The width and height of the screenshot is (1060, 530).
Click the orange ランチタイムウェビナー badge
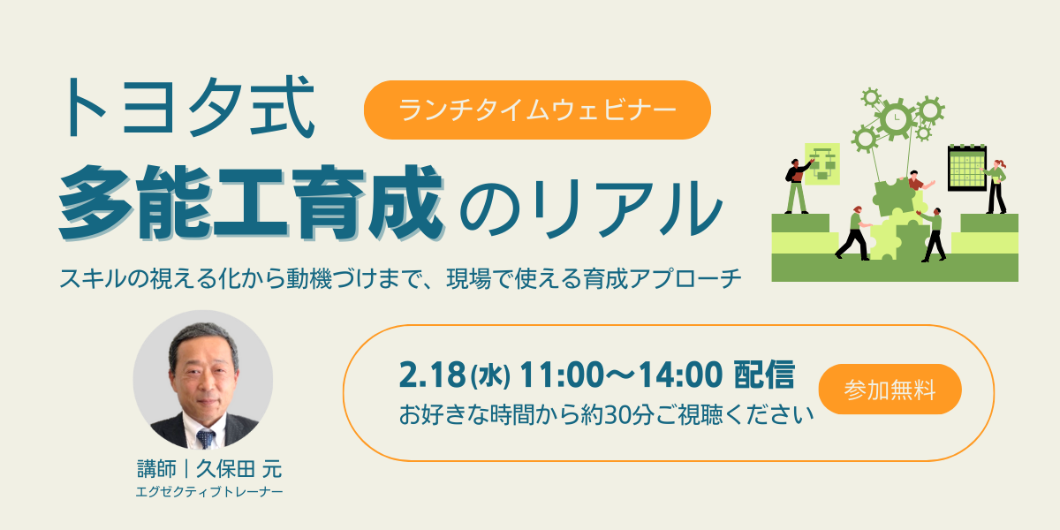click(x=537, y=110)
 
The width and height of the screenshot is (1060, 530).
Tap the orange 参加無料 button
click(x=890, y=390)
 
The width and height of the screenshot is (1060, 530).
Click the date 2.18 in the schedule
click(x=433, y=375)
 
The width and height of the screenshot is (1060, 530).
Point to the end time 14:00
click(x=680, y=375)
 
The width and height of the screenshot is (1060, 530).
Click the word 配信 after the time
click(x=764, y=375)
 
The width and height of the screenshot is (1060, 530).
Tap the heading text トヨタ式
click(x=187, y=108)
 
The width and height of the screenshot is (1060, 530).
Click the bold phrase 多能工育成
click(x=251, y=202)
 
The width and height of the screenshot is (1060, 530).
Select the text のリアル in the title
click(x=592, y=208)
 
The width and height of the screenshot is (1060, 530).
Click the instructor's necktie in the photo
click(x=205, y=438)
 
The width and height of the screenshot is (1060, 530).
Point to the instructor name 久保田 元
click(x=239, y=469)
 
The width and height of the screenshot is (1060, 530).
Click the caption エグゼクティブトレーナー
click(x=209, y=492)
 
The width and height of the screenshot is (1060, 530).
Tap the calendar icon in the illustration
click(x=967, y=168)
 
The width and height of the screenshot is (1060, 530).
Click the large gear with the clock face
click(x=896, y=118)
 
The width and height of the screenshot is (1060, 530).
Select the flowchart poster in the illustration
click(x=822, y=163)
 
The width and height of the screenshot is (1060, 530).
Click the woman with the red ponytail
click(x=996, y=187)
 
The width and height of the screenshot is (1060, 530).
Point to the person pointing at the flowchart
click(x=798, y=186)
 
